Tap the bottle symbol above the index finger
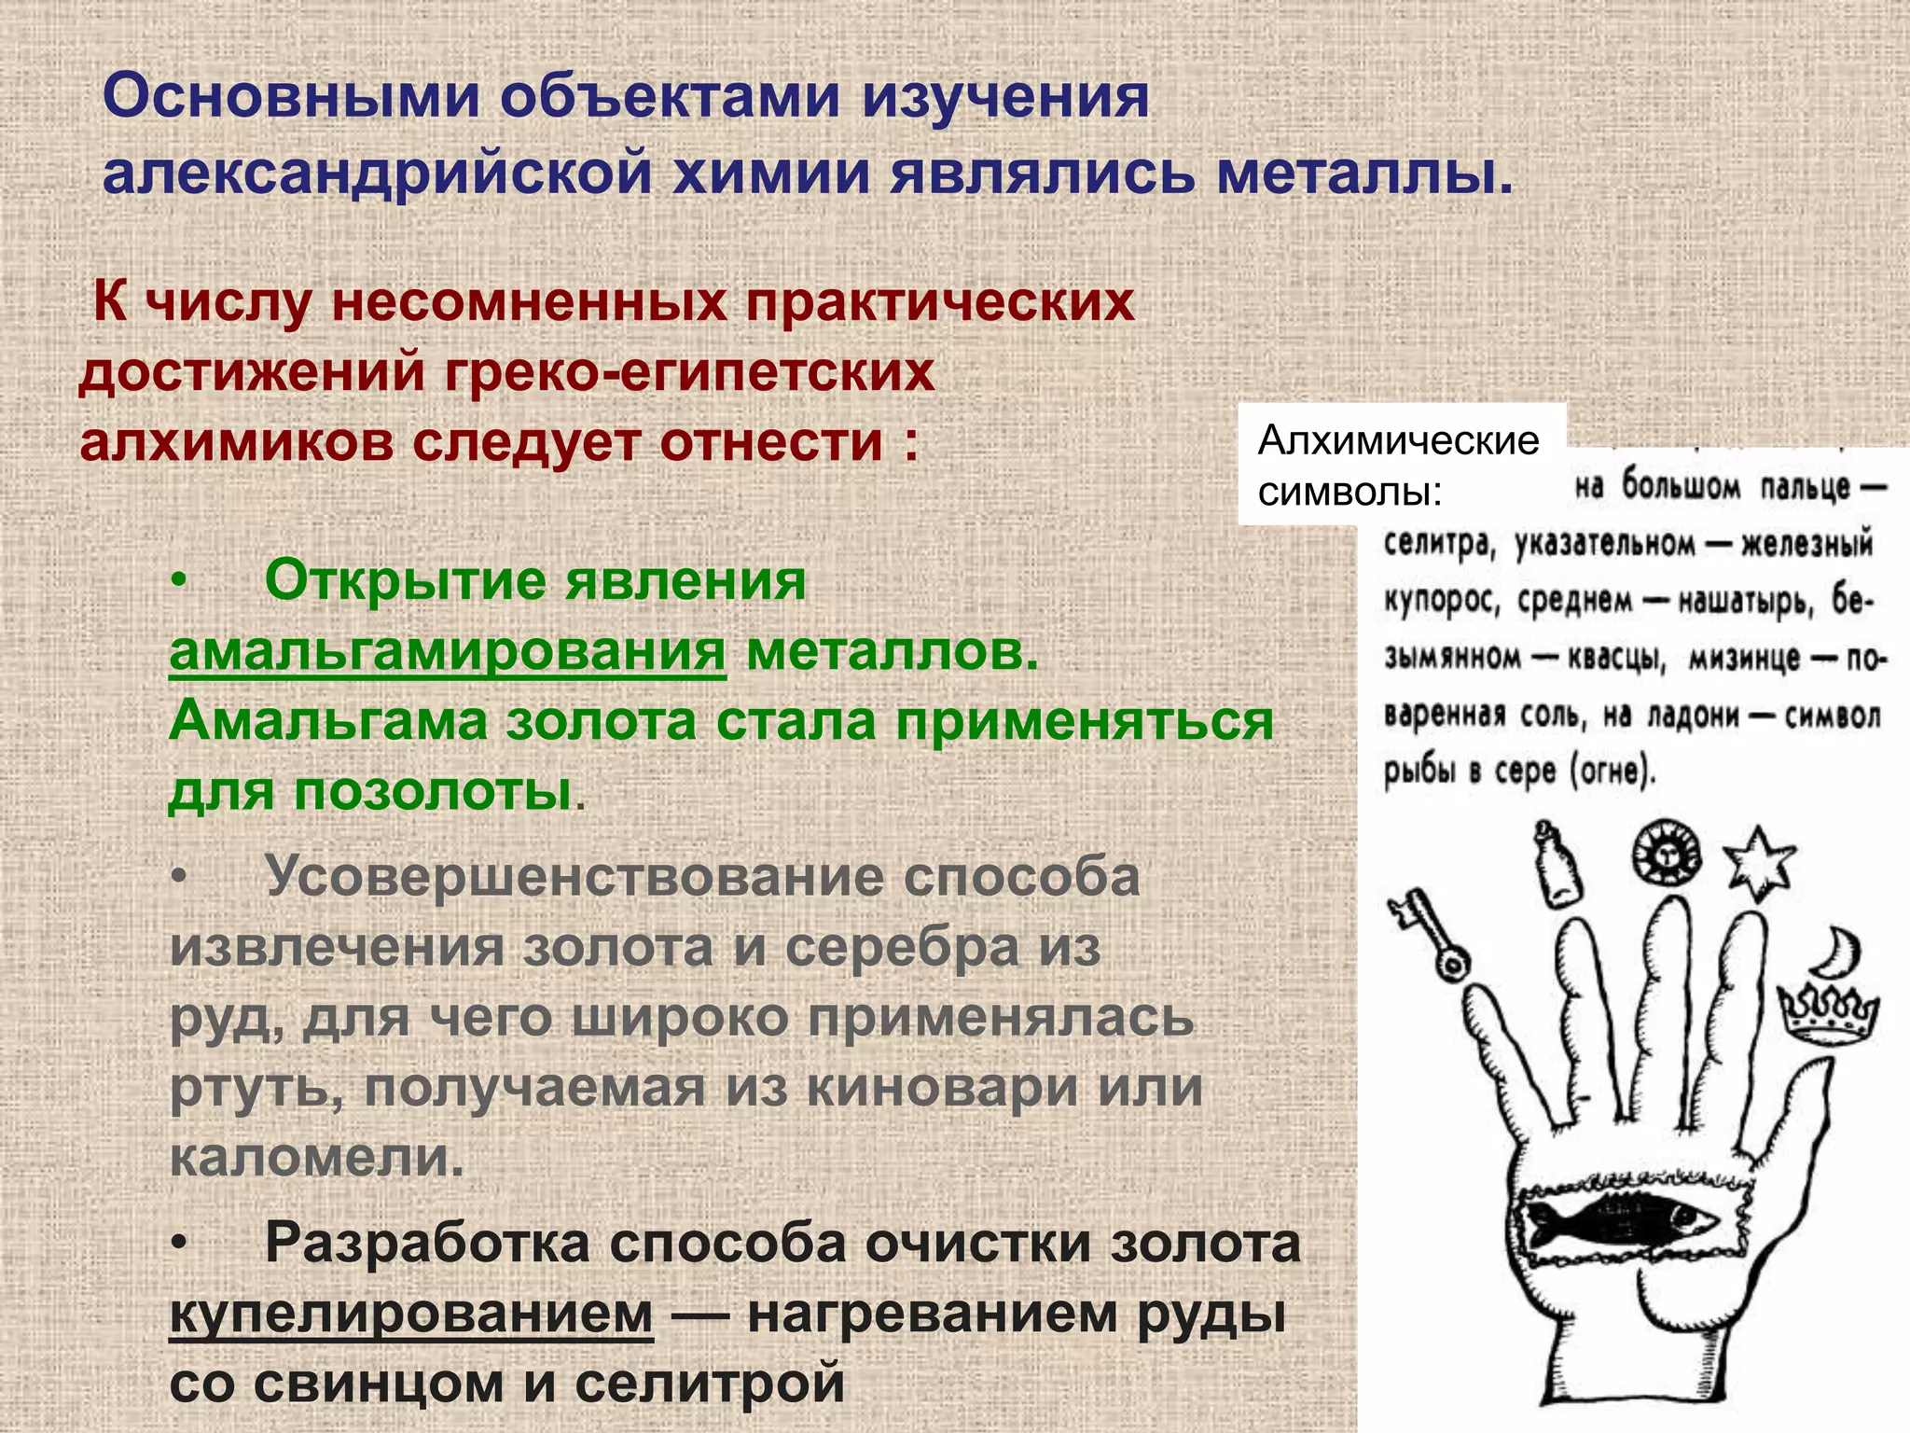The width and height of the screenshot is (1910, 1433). [x=1557, y=866]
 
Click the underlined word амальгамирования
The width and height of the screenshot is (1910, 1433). [x=447, y=651]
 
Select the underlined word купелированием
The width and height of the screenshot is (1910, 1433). [x=411, y=1314]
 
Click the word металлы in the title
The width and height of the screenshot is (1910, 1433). [x=1364, y=174]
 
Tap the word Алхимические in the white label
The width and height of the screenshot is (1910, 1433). [x=1398, y=440]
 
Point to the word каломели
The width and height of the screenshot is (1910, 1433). [x=316, y=1158]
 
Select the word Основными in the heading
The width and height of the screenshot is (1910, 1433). [x=289, y=96]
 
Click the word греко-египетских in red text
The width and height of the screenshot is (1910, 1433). [x=689, y=372]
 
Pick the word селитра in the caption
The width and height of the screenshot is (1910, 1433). [x=1438, y=543]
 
